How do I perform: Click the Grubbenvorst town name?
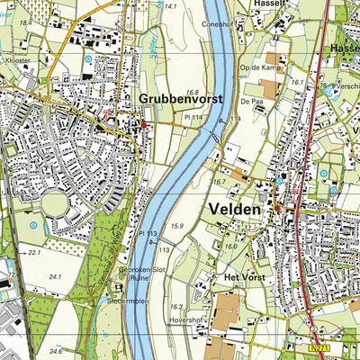tap(180, 98)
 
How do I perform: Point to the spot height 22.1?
tap(35, 253)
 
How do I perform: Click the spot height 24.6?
tap(56, 351)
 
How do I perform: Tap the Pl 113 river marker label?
tap(148, 233)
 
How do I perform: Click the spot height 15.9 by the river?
tap(177, 225)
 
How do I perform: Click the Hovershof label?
tap(188, 316)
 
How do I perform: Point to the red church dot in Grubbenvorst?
tap(146, 127)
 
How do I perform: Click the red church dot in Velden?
tap(278, 208)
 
